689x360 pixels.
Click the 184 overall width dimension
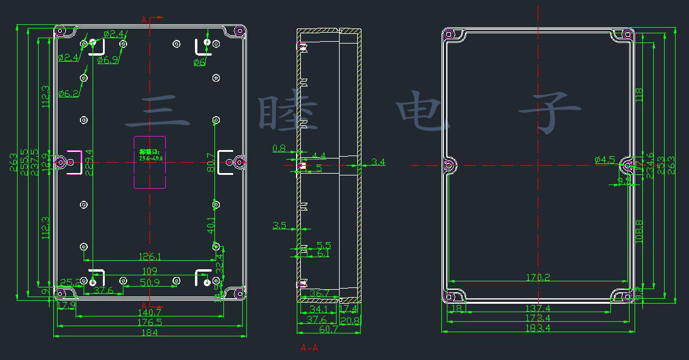coord(150,332)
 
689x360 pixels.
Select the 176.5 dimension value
coord(150,322)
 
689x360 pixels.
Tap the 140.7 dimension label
coord(150,313)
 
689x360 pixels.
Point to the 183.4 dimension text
coord(539,328)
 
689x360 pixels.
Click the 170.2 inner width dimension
coord(538,278)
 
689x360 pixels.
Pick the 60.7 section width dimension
coord(329,329)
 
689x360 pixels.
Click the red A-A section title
coord(309,348)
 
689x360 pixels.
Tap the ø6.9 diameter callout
coord(108,59)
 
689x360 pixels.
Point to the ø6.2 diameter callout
coord(69,93)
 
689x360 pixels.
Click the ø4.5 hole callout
coord(605,160)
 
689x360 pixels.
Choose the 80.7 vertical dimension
coord(210,162)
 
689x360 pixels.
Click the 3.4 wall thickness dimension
coord(378,162)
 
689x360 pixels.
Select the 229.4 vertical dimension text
coord(90,162)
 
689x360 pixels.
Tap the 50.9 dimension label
coord(150,282)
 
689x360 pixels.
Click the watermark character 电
coord(424,112)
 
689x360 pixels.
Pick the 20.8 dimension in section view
coord(350,319)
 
